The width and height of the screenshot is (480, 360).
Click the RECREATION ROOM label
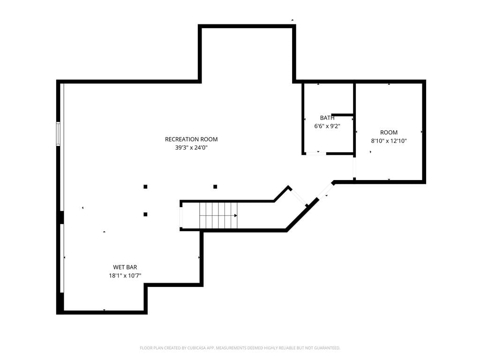(191, 139)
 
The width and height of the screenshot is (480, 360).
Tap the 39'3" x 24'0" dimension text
(191, 148)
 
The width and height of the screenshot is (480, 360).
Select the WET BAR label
(125, 267)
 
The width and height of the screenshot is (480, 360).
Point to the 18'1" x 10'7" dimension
(125, 276)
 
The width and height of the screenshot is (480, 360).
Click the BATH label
(327, 118)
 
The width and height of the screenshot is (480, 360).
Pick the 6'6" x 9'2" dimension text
(327, 126)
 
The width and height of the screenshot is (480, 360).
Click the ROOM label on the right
(389, 133)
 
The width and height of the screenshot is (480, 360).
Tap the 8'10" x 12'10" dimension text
(389, 141)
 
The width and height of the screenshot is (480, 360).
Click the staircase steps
(218, 215)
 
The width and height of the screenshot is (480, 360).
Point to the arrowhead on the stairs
(236, 216)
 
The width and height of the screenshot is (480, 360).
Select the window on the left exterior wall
(58, 134)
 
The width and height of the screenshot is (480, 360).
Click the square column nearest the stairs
(215, 187)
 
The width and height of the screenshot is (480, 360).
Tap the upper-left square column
(145, 187)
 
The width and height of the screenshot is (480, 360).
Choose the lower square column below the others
(145, 214)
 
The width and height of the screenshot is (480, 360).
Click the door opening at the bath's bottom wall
(316, 153)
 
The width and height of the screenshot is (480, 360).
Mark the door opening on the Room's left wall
(354, 167)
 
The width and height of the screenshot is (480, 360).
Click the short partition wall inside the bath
(343, 115)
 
